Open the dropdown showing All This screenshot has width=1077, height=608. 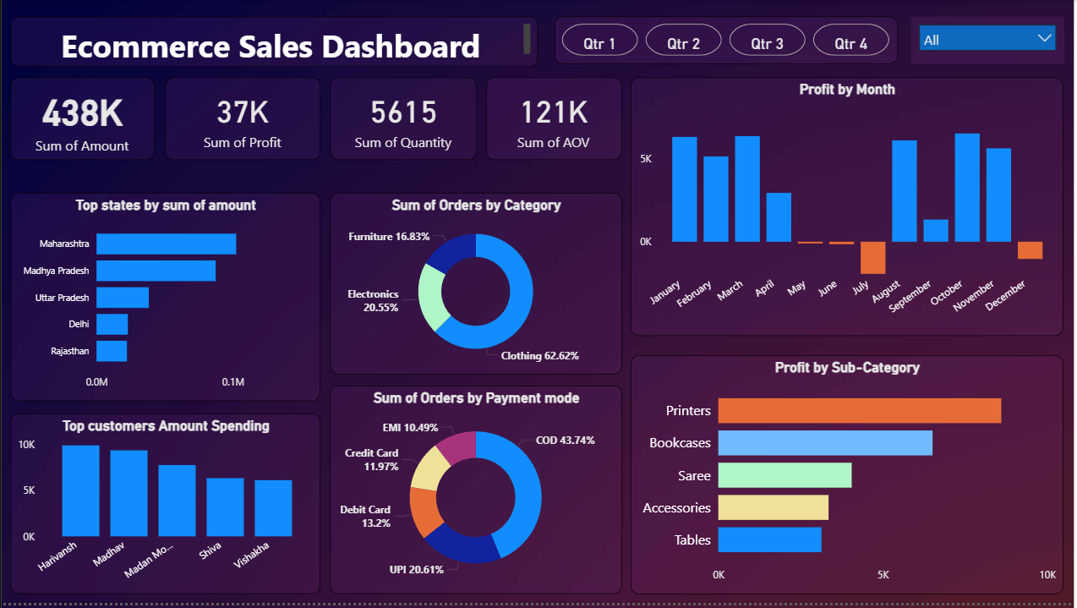point(987,39)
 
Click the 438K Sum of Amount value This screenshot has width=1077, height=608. point(82,112)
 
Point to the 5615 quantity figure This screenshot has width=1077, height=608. point(403,112)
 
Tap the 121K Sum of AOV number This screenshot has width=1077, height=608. point(554,112)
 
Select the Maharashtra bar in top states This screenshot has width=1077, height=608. point(166,244)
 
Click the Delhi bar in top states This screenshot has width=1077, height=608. point(112,324)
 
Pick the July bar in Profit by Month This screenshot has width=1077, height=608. point(873,257)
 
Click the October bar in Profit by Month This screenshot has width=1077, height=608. point(967,188)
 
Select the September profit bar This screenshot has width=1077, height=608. point(936,231)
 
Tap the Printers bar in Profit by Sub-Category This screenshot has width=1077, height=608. point(859,411)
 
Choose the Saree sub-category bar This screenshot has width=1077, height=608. point(785,475)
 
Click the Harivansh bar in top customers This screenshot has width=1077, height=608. point(80,490)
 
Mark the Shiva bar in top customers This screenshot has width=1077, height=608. point(225,507)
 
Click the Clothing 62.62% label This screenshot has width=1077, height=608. point(539,356)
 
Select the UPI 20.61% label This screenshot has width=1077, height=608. point(416,569)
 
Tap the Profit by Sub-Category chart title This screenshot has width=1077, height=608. point(846,368)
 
